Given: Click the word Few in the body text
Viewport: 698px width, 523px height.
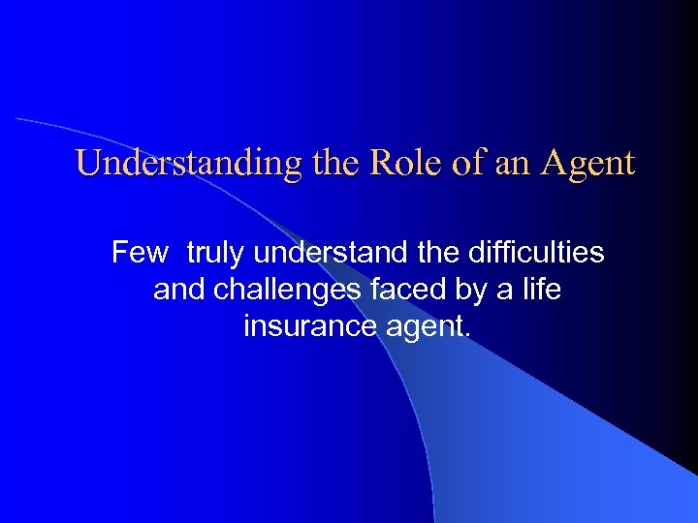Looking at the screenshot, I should [140, 253].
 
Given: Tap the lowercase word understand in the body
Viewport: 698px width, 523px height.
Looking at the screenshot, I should [333, 253].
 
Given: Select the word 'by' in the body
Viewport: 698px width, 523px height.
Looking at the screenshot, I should [466, 291].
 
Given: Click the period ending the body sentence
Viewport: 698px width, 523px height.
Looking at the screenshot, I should [468, 335].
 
